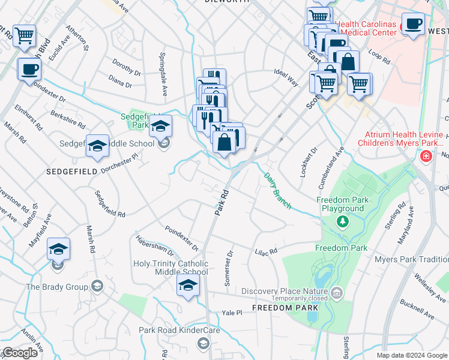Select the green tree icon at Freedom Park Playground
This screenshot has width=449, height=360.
point(343,222)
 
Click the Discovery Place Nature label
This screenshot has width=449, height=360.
point(286,292)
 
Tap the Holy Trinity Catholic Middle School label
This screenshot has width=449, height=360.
point(171,268)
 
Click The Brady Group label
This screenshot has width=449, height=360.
point(57,287)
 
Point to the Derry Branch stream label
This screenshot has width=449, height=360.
point(277,191)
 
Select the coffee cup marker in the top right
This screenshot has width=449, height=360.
point(413,24)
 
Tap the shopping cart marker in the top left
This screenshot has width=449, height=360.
point(25,36)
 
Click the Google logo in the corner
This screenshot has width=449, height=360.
point(19,353)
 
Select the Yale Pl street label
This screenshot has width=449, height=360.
point(232,313)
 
